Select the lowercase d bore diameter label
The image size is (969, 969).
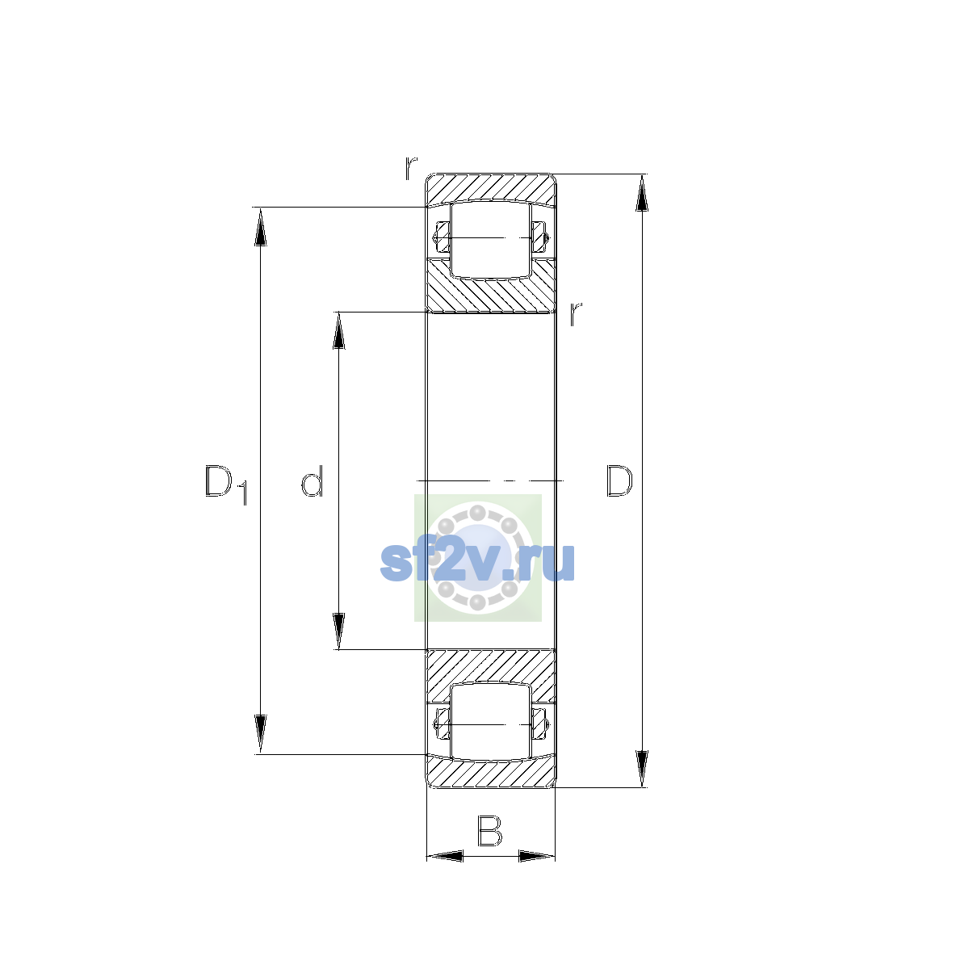tap(312, 481)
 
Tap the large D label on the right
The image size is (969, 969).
tap(619, 481)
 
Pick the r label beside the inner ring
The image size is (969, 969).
tap(576, 313)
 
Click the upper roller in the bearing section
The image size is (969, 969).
tap(491, 239)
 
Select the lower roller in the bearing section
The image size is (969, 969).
tap(491, 722)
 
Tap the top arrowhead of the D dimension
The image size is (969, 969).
tap(642, 193)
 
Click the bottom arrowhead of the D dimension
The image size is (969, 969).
tap(642, 769)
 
